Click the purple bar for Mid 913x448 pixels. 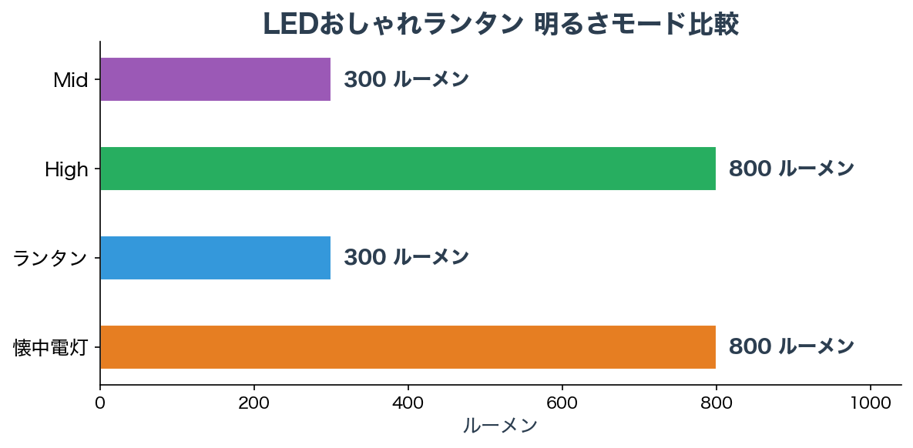(x=216, y=79)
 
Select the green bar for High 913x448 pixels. (x=408, y=169)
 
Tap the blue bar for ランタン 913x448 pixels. (x=216, y=258)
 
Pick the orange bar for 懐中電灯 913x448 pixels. (x=408, y=347)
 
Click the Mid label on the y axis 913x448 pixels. (x=71, y=80)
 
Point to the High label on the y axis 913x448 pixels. (x=66, y=169)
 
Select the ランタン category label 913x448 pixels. (x=51, y=259)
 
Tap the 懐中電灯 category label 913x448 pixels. (x=51, y=348)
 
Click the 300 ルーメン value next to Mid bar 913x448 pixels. (x=406, y=79)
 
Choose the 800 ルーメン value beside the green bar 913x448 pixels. (x=791, y=169)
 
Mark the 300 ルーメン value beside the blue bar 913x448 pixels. (x=406, y=258)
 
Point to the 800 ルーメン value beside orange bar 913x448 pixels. (x=791, y=347)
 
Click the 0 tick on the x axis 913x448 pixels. (x=100, y=403)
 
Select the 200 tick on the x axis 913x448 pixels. (x=254, y=403)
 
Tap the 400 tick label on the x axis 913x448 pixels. (x=408, y=403)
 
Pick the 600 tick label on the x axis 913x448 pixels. (x=562, y=403)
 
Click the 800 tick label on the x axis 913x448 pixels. (x=717, y=403)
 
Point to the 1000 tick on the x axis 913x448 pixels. (x=871, y=403)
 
